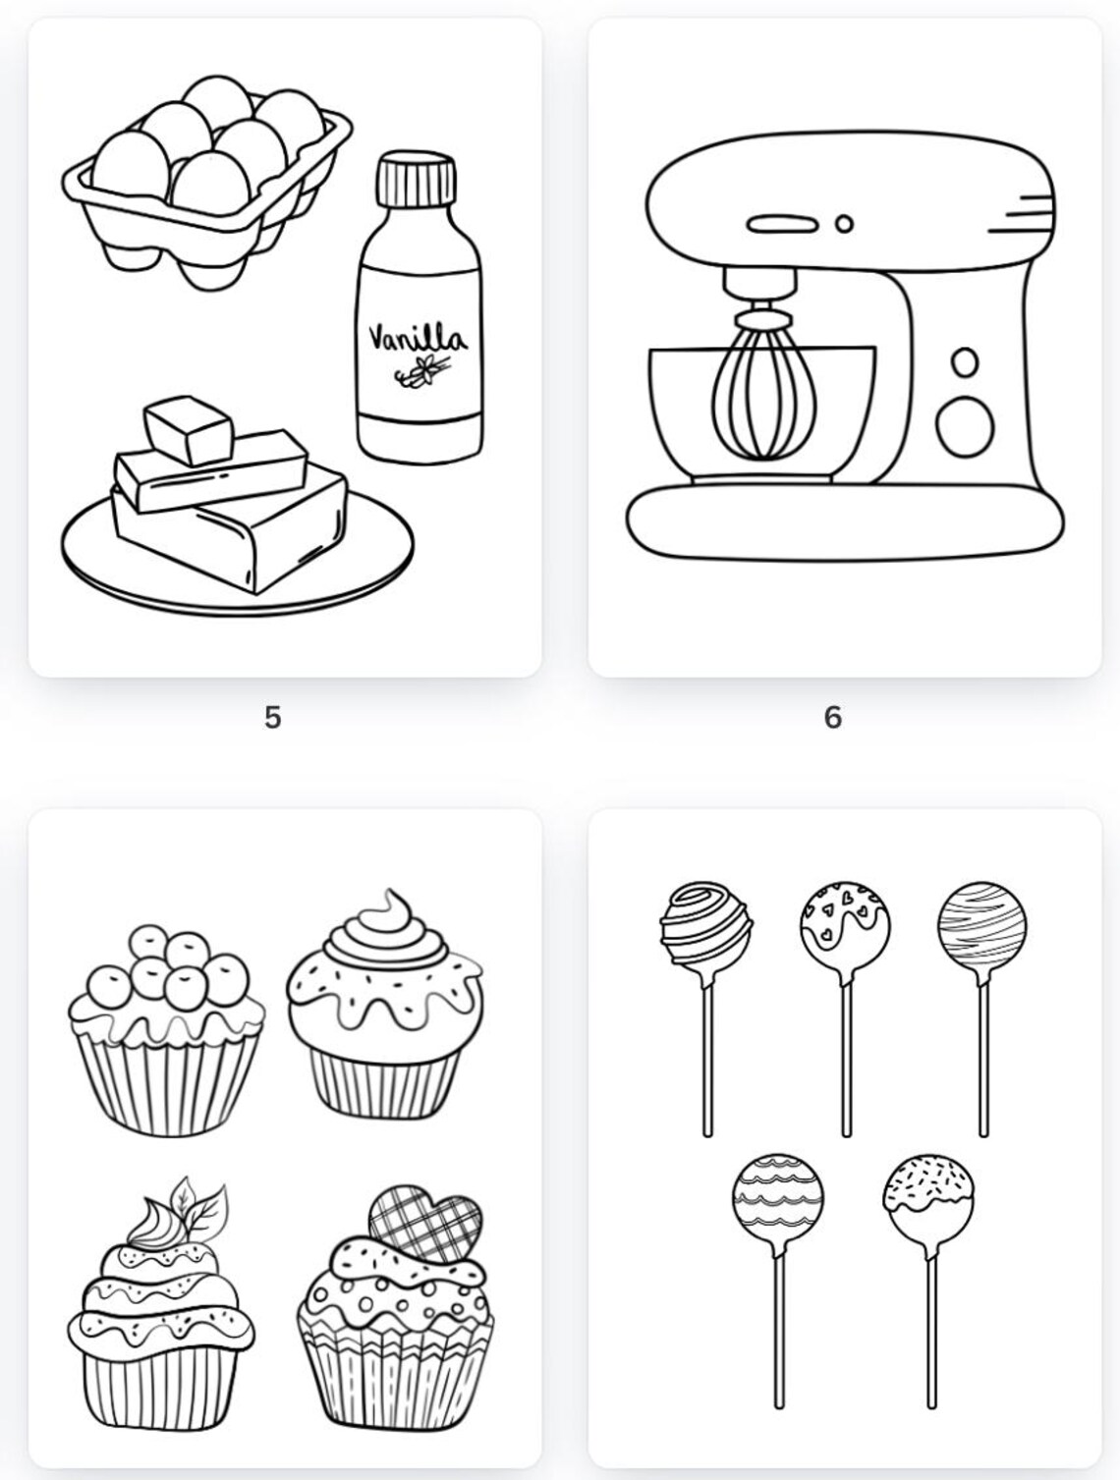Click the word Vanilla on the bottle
tap(418, 338)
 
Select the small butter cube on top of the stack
tap(189, 427)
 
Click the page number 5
tap(272, 718)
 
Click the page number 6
tap(832, 718)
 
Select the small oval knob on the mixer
tap(966, 362)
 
